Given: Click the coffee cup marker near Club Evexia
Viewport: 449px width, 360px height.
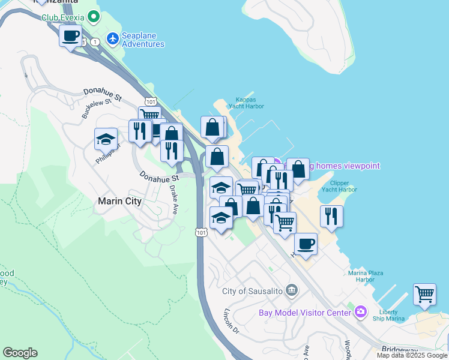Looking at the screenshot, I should click(x=71, y=37).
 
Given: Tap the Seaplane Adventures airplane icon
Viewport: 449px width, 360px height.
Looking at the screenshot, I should click(x=112, y=38).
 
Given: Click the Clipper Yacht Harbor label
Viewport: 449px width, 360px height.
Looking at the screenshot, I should click(x=339, y=186).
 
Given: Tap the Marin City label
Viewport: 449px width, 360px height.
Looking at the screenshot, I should click(x=120, y=202).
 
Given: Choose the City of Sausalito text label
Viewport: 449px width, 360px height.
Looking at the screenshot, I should click(x=252, y=291).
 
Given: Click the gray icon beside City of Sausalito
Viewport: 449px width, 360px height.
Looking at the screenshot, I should click(x=292, y=291).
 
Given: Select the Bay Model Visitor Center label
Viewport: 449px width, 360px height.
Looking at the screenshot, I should click(x=304, y=313).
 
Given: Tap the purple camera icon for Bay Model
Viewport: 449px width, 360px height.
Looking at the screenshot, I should click(x=360, y=311).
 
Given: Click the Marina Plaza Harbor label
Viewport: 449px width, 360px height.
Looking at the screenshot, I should click(x=366, y=276).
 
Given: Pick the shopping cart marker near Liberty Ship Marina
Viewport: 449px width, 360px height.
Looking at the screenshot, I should click(x=424, y=295).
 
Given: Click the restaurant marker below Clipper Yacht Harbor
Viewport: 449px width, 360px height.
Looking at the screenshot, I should click(x=331, y=216).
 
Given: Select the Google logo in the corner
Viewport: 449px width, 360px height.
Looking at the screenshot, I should click(x=20, y=353).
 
